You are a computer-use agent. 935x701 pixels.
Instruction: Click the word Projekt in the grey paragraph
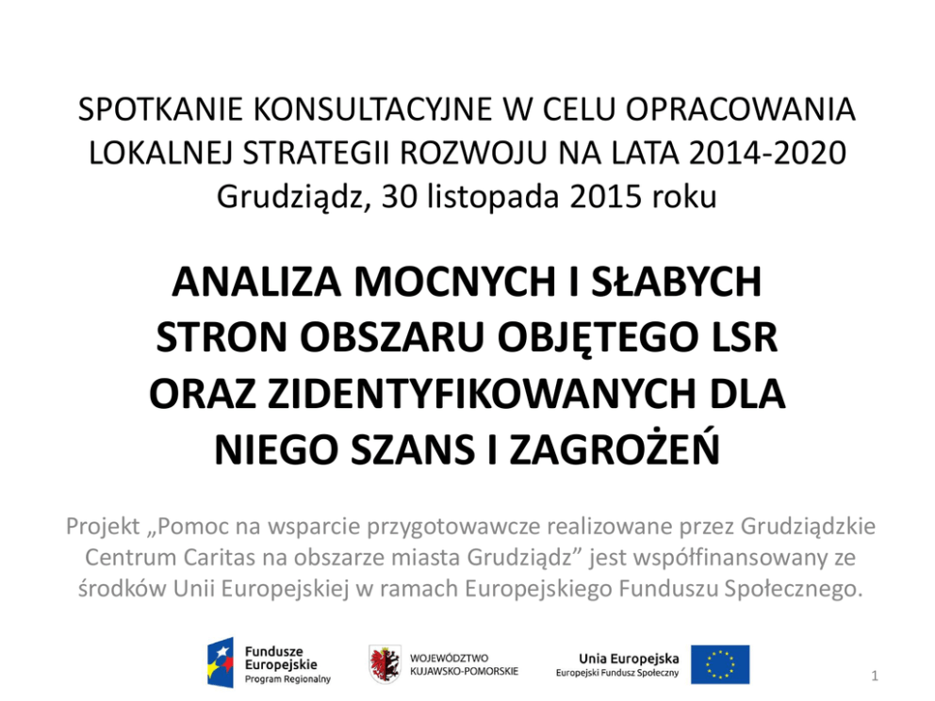click(x=101, y=526)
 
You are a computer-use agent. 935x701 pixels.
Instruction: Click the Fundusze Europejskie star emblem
click(x=221, y=661)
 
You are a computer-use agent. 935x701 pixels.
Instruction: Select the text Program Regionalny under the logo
click(x=287, y=678)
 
